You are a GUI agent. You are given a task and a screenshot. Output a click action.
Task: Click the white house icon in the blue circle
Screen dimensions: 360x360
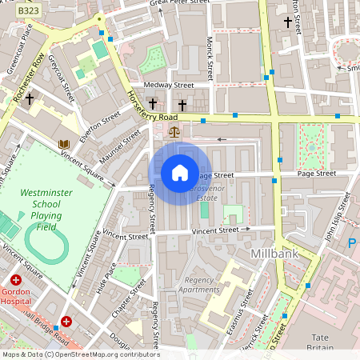tap(179, 173)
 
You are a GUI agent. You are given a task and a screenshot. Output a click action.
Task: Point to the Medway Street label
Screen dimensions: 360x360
tap(169, 85)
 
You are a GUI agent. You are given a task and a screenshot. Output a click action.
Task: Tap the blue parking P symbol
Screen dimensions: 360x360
tap(353, 243)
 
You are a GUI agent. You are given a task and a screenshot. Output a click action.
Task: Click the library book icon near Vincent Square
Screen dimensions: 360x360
tap(63, 144)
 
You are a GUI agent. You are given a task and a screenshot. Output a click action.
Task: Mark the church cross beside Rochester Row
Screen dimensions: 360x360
tap(30, 99)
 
